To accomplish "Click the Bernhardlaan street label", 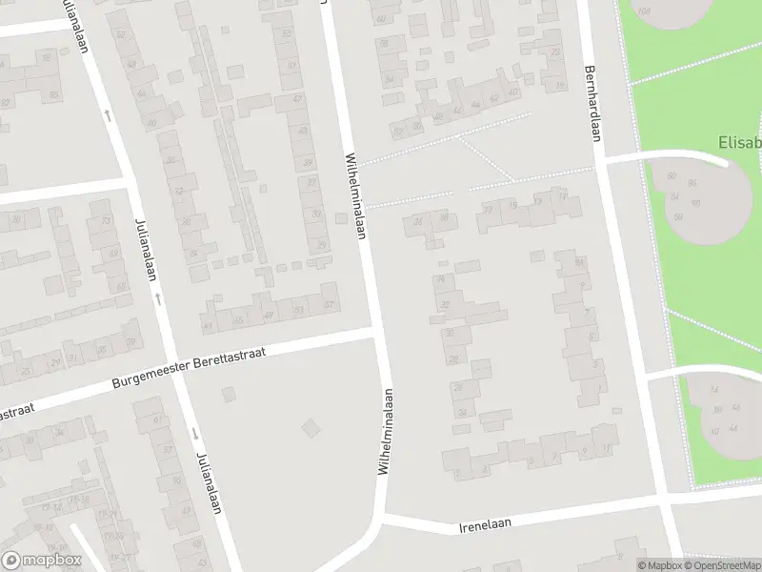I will click(x=592, y=104).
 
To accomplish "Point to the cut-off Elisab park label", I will click(x=739, y=144).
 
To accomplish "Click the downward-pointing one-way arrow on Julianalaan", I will click(x=194, y=434).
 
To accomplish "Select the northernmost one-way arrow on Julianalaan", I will click(x=108, y=115).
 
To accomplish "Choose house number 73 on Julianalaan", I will click(x=105, y=221).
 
